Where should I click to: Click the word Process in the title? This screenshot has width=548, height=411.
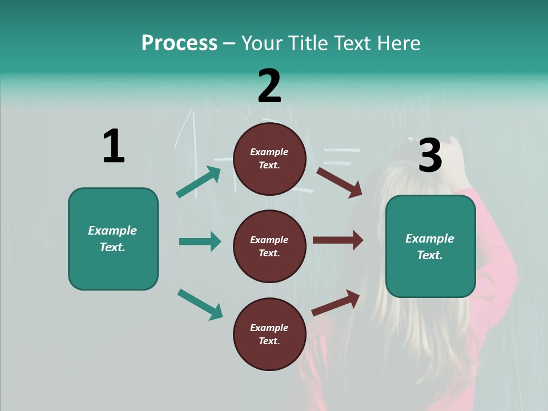click(179, 43)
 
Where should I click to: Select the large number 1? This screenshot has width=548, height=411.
click(114, 147)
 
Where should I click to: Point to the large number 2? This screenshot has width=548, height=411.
click(269, 86)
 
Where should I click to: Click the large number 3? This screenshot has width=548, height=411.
click(430, 155)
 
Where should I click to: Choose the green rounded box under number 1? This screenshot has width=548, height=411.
click(113, 239)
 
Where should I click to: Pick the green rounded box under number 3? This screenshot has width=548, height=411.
click(430, 246)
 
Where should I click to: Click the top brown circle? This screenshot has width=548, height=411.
click(269, 159)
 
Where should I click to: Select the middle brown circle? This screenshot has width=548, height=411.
click(269, 246)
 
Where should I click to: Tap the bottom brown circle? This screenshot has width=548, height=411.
click(269, 334)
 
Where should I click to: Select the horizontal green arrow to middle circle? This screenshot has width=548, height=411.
click(200, 241)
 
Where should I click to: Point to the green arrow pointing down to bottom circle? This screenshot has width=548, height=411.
click(200, 304)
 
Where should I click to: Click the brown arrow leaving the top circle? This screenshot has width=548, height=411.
click(339, 182)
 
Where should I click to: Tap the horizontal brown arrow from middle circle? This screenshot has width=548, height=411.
click(338, 240)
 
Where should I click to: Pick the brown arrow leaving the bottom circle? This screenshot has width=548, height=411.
click(336, 303)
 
